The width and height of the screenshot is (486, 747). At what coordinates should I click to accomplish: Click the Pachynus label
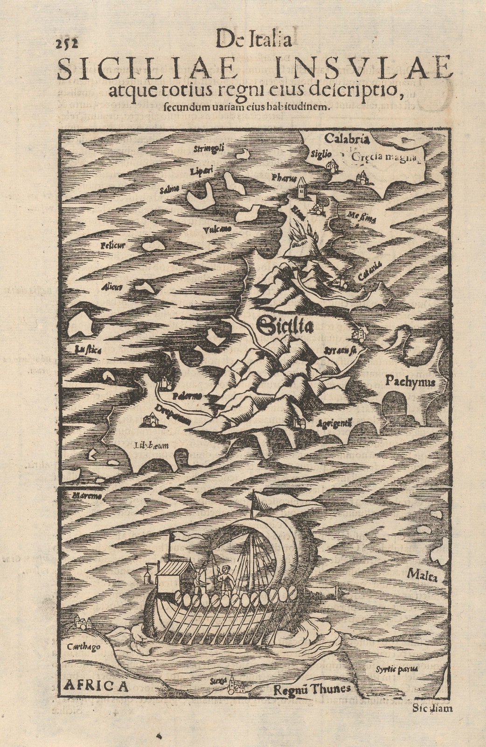tap(410, 382)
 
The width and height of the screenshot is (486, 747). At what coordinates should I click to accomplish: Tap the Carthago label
tap(84, 648)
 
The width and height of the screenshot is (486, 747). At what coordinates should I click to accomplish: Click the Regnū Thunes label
tap(311, 689)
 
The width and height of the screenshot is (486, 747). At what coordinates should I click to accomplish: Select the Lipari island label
tap(201, 171)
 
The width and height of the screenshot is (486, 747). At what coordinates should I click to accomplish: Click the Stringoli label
tap(209, 148)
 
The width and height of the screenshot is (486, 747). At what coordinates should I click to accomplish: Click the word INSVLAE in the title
tap(364, 69)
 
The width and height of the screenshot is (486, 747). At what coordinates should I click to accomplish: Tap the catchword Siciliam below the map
tap(432, 708)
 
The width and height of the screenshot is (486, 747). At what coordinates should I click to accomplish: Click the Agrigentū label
tap(333, 424)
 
